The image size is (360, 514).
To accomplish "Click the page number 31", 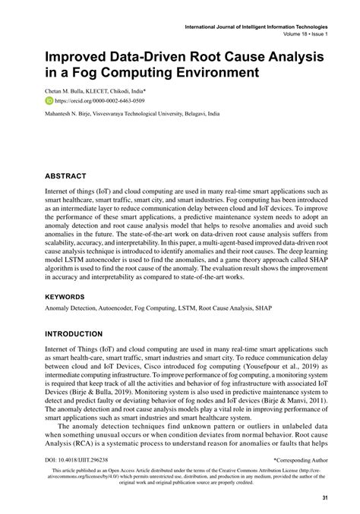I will [324, 497].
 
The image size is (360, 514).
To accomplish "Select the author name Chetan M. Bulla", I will [65, 90].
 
